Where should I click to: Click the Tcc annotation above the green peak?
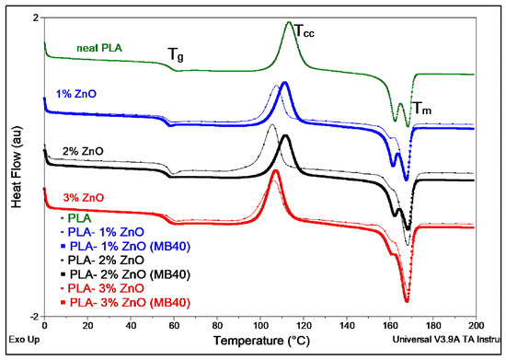[x=305, y=31]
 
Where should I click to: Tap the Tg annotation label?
[x=176, y=54]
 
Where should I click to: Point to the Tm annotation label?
[x=421, y=109]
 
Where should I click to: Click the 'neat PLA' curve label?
[x=99, y=48]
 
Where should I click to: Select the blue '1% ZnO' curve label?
[x=76, y=94]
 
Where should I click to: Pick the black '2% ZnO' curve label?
[x=83, y=151]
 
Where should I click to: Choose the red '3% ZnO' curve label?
[x=84, y=198]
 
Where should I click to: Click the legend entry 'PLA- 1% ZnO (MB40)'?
[x=125, y=247]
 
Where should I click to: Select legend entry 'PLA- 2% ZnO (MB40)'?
[x=125, y=274]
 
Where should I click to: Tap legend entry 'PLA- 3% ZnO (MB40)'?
[x=125, y=303]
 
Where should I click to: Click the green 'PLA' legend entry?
[x=76, y=218]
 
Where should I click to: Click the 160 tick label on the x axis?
[x=390, y=325]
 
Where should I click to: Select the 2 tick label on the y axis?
[x=36, y=18]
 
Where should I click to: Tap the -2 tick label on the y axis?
[x=34, y=317]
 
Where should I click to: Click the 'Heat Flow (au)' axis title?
[x=17, y=167]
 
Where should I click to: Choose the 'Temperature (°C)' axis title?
[x=261, y=341]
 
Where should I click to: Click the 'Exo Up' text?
[x=24, y=340]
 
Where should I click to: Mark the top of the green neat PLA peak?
[x=289, y=22]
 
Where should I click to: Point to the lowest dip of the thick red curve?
[x=407, y=301]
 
